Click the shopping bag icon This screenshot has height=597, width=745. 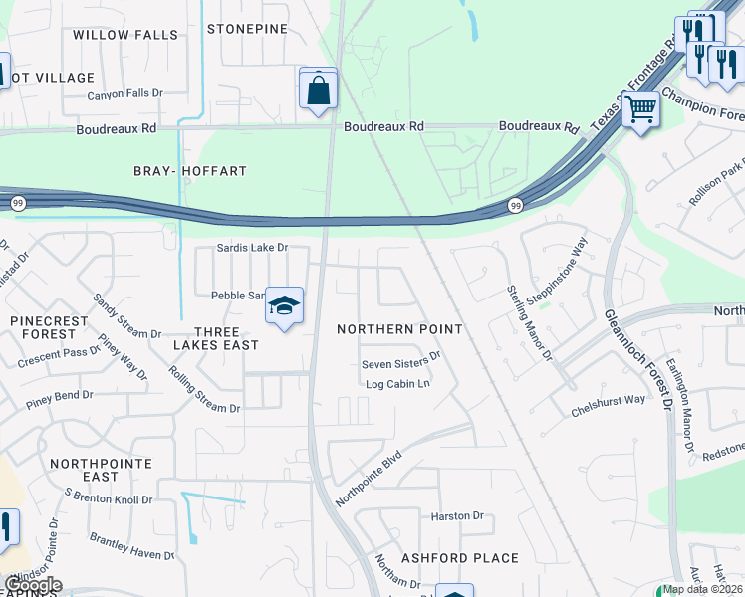pos(318,90)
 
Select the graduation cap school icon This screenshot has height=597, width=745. pos(284,305)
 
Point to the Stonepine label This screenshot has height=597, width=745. pos(247,29)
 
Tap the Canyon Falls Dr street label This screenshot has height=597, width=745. pos(124,93)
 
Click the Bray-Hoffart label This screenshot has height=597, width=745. pos(190,171)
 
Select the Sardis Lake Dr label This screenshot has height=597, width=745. pos(253,248)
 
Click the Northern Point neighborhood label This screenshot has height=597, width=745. pos(399,329)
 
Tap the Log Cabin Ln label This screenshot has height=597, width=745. pos(397,383)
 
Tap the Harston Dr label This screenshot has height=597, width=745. pos(457,516)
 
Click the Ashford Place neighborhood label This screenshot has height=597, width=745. pos(459,558)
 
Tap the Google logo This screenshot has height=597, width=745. pos(32,585)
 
